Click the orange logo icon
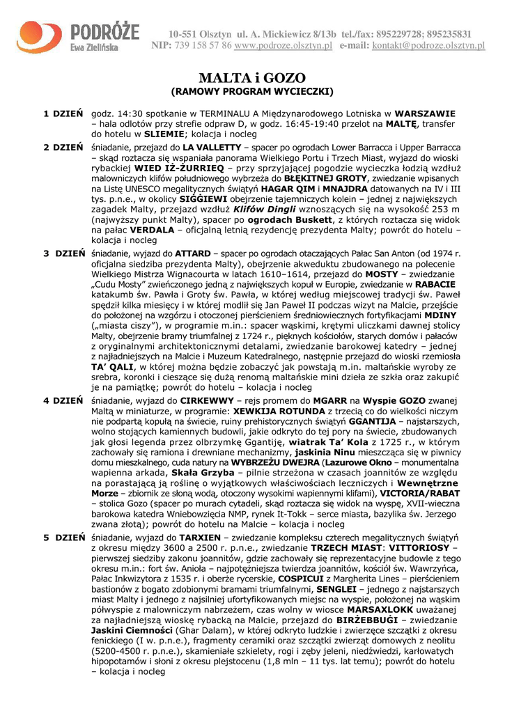[40, 36]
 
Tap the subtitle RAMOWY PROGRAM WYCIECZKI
[253, 91]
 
